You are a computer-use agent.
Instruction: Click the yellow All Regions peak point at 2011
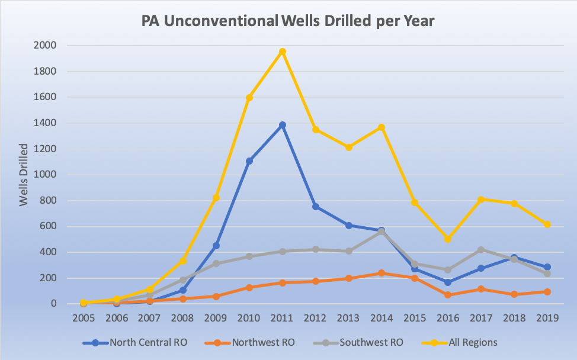coord(283,52)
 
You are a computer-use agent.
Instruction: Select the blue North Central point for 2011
coord(283,125)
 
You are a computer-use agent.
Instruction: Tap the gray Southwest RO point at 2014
coord(382,232)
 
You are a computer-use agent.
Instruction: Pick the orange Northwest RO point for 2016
coord(448,295)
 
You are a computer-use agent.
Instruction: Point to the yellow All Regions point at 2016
coord(448,239)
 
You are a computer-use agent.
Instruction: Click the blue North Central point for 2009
coord(216,246)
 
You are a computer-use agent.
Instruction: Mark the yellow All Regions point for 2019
coord(547,224)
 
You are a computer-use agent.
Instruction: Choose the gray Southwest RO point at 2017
coord(481,250)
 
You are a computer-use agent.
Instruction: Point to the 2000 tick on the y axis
coord(45,46)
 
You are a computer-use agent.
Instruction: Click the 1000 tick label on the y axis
coord(45,175)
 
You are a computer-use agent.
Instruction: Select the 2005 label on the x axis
coord(84,319)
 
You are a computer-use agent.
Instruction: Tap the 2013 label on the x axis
coord(348,319)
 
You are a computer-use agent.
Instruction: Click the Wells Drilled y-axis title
coord(24,175)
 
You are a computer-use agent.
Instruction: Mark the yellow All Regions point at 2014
coord(382,127)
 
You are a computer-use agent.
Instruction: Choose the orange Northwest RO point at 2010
coord(249,288)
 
